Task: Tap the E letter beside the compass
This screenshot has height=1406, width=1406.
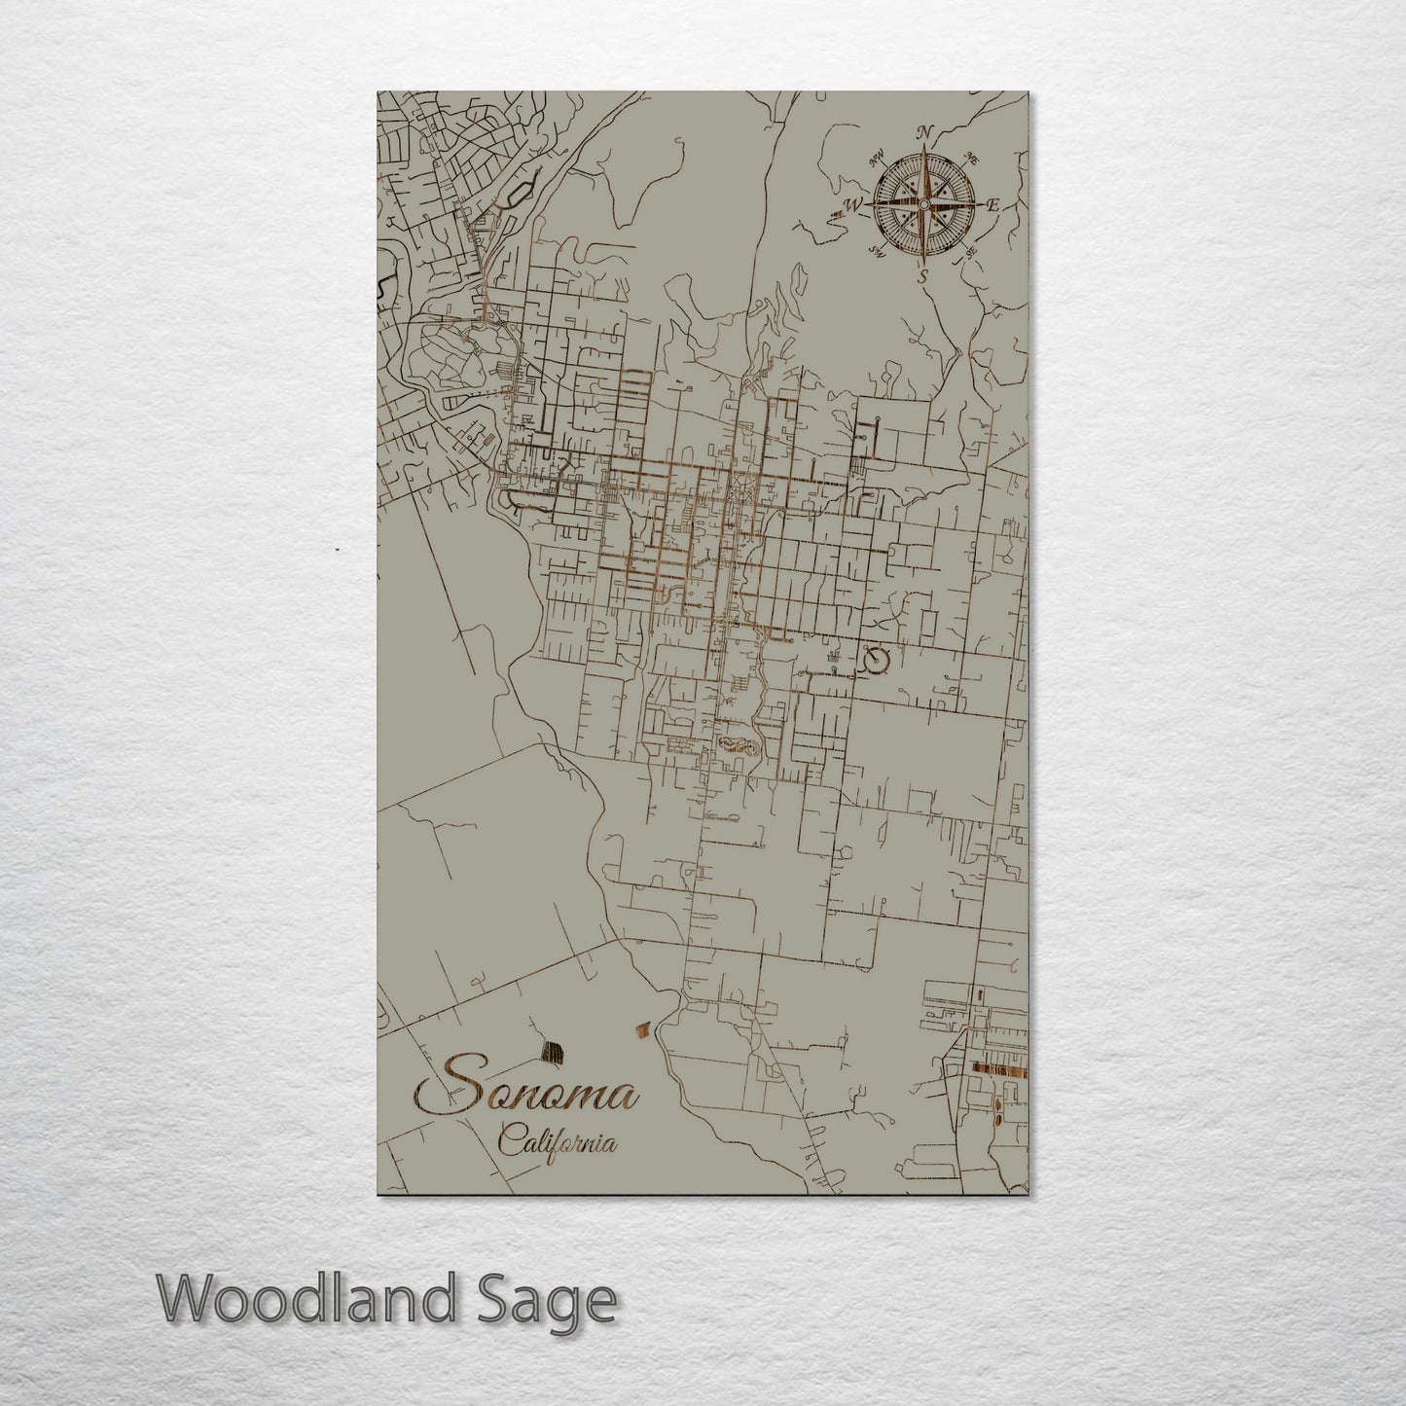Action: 993,205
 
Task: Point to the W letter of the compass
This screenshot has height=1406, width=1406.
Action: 853,205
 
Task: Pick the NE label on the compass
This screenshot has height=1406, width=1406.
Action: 970,158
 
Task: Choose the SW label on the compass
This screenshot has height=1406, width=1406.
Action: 876,253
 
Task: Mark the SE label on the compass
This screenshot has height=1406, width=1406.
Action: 970,253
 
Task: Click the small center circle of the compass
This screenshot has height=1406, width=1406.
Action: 922,204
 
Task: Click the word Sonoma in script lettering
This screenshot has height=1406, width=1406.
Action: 526,1094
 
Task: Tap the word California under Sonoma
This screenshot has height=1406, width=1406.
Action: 558,1140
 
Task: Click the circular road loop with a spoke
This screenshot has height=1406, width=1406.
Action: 877,662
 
